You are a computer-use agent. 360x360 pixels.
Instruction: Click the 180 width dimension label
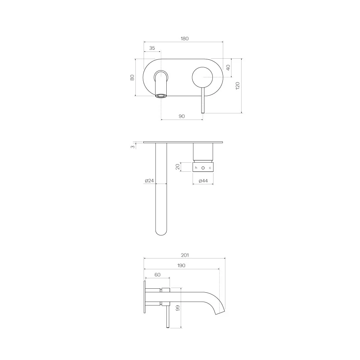pos(185,39)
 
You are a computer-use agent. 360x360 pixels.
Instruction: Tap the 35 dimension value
pos(152,48)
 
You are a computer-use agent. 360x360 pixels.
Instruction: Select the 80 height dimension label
pos(132,77)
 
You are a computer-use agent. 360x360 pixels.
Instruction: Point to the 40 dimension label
pos(228,68)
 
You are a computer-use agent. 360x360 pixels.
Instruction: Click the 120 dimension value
pos(238,86)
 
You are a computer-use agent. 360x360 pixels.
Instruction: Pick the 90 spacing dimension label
pos(181,116)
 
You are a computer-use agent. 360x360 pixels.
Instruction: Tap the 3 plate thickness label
pos(133,147)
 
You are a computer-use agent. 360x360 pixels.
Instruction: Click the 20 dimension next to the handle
pos(177,167)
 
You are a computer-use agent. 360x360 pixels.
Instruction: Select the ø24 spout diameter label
pos(149,181)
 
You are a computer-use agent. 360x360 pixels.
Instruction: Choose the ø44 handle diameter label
pos(203,181)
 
